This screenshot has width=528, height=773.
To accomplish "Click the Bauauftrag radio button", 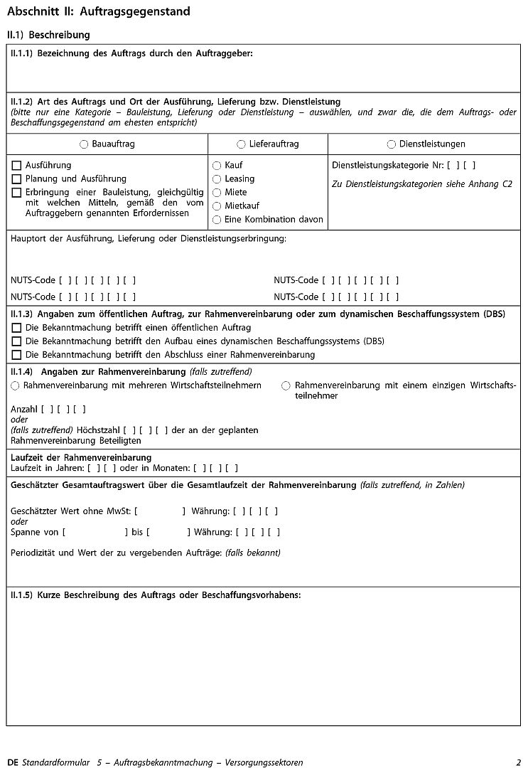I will [85, 144].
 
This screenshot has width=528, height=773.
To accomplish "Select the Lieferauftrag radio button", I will [242, 144].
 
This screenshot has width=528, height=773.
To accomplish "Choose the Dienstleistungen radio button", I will [392, 144].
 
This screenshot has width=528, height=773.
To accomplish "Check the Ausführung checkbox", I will [16, 166].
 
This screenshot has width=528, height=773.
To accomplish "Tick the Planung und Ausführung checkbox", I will [16, 179].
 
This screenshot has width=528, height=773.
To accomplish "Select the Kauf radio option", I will [217, 166].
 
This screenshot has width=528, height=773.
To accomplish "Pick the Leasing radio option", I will [217, 179].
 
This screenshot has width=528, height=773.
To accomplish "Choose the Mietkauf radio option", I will [217, 206].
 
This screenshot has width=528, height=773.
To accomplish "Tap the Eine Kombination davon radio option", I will [217, 220].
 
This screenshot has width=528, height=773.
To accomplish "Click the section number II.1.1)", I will [21, 53].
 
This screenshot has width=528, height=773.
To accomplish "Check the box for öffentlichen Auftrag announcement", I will [16, 328].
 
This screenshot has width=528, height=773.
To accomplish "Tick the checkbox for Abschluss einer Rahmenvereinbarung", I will [16, 354].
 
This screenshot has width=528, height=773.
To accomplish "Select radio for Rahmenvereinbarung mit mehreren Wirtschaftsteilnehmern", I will [15, 385].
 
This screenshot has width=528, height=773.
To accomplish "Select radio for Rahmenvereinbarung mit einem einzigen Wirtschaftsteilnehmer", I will [286, 385].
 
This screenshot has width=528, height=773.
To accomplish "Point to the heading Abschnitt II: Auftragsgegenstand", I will [98, 12].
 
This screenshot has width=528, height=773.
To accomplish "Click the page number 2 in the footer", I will [519, 762].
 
